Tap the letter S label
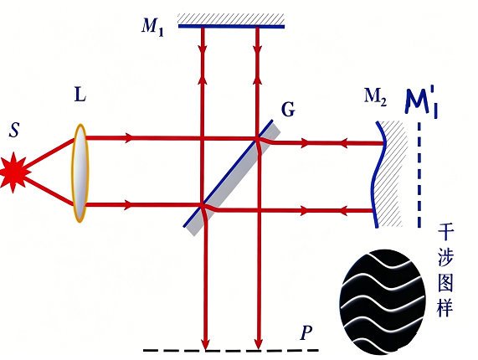14,130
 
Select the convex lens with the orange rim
80,172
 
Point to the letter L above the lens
80,95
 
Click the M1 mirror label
152,27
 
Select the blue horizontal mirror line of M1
231,27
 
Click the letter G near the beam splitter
288,109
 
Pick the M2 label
376,97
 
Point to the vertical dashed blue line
419,175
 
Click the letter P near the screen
306,332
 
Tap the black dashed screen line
231,351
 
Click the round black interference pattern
383,302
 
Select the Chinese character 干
445,233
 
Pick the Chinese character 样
445,307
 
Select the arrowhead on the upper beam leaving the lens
130,138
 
